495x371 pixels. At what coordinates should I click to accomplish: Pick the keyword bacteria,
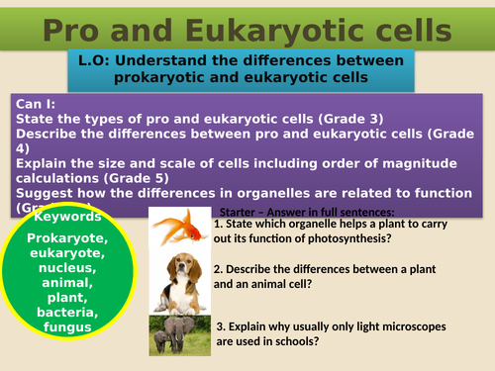click(69, 313)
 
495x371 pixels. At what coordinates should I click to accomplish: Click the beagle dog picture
click(180, 280)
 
